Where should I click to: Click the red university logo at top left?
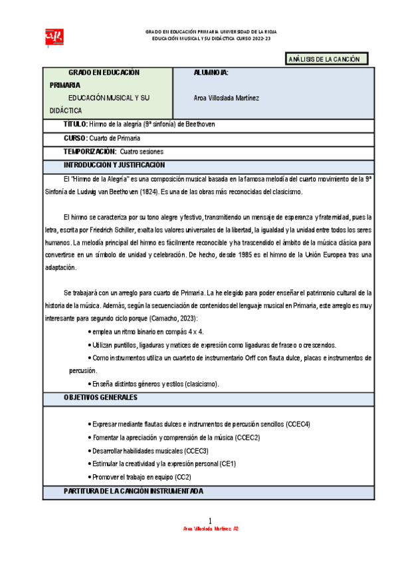pos(52,35)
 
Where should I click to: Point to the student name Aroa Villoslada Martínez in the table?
pos(226,98)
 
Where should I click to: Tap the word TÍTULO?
pos(75,124)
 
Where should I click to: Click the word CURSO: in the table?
pos(75,138)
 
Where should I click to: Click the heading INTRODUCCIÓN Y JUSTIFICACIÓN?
pos(114,165)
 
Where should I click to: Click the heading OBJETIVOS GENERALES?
pos(100,398)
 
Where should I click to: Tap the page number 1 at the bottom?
pos(209,520)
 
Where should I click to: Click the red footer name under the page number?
pos(211,529)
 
